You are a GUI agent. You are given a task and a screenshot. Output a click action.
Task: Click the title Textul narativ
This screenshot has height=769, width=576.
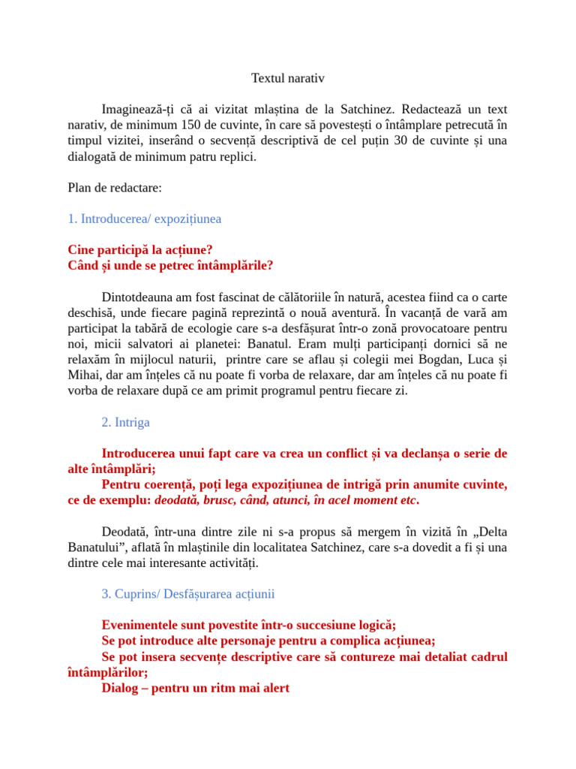(x=287, y=78)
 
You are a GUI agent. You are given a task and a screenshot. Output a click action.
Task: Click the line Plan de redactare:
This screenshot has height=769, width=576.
(x=115, y=188)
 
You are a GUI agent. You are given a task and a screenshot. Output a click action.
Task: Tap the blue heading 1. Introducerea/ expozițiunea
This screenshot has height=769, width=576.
(x=144, y=219)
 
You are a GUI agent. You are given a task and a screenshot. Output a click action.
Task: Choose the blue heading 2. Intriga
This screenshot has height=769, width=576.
(x=125, y=422)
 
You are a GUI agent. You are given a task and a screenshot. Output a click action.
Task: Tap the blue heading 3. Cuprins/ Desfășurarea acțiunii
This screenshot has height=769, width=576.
(x=187, y=593)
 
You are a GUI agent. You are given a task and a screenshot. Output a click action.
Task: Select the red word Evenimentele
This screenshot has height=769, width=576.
(x=140, y=625)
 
